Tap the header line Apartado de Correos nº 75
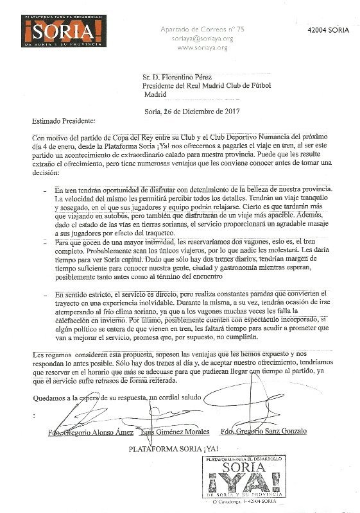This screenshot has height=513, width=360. [201, 29]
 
